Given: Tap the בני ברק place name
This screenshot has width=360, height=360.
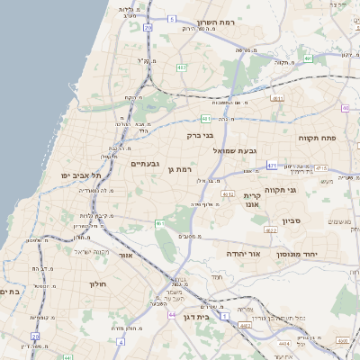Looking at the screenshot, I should coord(201,136).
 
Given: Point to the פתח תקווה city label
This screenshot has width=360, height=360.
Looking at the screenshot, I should coord(318,138).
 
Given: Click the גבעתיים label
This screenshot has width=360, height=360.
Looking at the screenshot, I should coord(145,164).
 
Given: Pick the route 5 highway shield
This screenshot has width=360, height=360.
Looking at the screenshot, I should coord(171,18).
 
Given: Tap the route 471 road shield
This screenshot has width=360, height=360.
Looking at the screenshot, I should coord(273,166).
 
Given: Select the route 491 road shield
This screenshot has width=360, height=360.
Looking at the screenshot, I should coord(308,58).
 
